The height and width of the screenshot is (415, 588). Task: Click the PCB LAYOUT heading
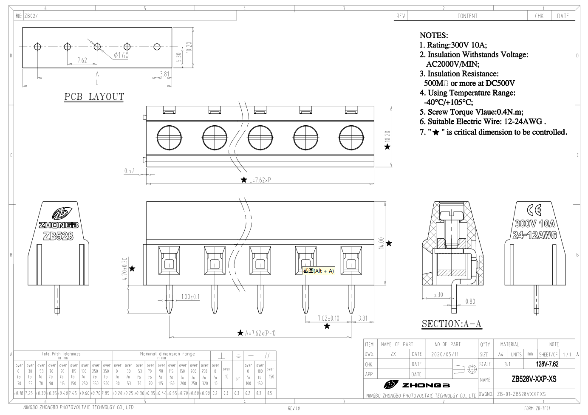pyautogui.click(x=94, y=97)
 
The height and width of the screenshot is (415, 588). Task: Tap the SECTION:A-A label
pyautogui.click(x=452, y=324)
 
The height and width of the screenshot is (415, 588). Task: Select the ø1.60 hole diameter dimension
pyautogui.click(x=121, y=55)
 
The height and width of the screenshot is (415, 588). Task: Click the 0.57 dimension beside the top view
pyautogui.click(x=129, y=171)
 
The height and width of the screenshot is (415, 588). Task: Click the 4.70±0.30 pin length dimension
pyautogui.click(x=125, y=269)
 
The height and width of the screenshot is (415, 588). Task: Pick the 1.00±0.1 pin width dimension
pyautogui.click(x=190, y=296)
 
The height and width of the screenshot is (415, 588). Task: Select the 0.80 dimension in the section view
pyautogui.click(x=470, y=302)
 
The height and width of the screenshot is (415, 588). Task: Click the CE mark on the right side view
pyautogui.click(x=534, y=210)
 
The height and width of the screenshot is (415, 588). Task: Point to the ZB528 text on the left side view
pyautogui.click(x=58, y=236)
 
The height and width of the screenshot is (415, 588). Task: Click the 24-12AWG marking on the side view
pyautogui.click(x=534, y=235)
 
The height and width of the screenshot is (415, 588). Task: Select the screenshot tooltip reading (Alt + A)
pyautogui.click(x=319, y=271)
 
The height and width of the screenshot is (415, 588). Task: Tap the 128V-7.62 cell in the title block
pyautogui.click(x=547, y=364)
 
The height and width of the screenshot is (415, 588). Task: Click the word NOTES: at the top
pyautogui.click(x=434, y=35)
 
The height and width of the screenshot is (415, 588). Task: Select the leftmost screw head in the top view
pyautogui.click(x=169, y=138)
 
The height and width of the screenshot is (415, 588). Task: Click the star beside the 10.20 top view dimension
pyautogui.click(x=387, y=147)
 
